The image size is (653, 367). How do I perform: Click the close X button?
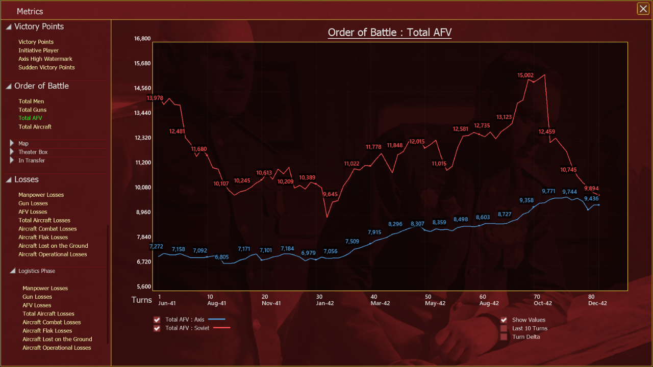tap(643, 9)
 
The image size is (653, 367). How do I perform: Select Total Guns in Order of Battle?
tap(32, 110)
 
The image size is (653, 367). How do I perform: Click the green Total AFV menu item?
tap(30, 118)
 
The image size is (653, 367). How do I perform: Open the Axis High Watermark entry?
tap(45, 59)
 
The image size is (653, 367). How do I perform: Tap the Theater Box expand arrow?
tap(12, 152)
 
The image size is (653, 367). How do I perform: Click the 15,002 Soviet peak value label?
tap(525, 75)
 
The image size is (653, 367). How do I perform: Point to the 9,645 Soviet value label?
tap(330, 194)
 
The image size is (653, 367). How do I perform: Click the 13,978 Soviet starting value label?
tap(155, 98)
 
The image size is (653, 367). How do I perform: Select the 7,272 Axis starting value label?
tap(156, 246)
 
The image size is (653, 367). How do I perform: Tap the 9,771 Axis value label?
tap(548, 191)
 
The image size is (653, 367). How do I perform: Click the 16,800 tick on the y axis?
tap(142, 38)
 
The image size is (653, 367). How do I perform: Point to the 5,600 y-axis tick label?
tap(144, 286)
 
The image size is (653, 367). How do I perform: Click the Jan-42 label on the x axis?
tap(325, 303)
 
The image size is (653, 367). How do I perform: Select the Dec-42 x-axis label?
tap(597, 303)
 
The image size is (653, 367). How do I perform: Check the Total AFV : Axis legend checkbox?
tap(157, 320)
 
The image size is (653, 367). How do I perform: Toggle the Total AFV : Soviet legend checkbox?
tap(157, 329)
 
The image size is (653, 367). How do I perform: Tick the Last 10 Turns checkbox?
tap(504, 329)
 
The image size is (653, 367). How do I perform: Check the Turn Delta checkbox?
tap(504, 337)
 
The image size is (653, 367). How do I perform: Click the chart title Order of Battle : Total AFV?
tap(390, 32)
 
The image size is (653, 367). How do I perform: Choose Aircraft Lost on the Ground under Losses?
tap(53, 246)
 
